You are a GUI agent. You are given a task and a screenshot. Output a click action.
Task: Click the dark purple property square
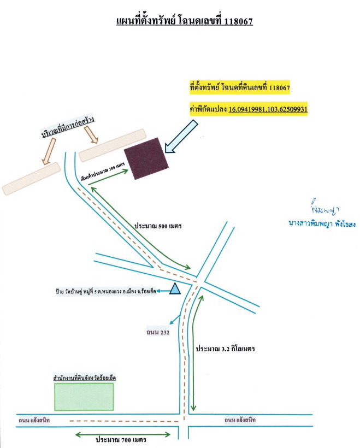(x=146, y=158)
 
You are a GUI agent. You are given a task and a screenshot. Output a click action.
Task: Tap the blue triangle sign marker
(x=175, y=288)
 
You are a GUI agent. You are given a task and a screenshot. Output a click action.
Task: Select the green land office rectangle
(x=84, y=397)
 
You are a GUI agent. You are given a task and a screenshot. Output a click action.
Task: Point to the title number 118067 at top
(x=239, y=21)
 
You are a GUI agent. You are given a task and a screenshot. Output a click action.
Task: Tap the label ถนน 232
(x=158, y=332)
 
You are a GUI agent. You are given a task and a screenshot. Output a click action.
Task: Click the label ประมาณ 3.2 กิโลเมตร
(x=225, y=349)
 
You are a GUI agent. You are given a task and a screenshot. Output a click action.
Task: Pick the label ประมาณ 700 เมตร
(x=121, y=439)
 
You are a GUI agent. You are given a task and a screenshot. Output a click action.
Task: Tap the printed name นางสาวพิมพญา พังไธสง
(x=322, y=223)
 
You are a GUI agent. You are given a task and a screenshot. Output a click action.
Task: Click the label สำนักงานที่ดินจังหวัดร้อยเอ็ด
(x=85, y=378)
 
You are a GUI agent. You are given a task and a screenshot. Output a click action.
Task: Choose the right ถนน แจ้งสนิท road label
(x=240, y=420)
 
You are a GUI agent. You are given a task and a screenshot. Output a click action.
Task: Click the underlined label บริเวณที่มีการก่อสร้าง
(x=68, y=127)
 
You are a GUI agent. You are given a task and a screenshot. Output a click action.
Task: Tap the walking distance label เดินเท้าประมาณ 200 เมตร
(x=103, y=172)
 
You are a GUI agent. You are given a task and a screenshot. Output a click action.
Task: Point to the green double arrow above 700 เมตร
(x=122, y=435)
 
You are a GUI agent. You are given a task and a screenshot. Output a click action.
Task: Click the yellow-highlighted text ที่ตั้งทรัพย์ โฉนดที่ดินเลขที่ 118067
(x=240, y=87)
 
